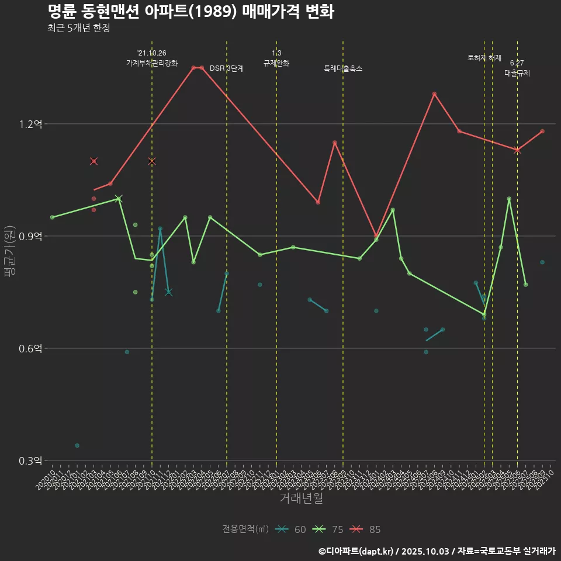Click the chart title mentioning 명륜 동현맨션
191,12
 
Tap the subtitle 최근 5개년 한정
78,28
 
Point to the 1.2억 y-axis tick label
30,124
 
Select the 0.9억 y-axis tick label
30,236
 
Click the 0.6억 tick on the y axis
30,348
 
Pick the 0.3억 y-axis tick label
30,460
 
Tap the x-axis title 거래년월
301,498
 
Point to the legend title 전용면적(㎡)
245,529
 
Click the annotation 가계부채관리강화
152,63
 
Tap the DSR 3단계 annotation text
227,68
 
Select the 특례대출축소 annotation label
343,68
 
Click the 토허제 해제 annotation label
484,58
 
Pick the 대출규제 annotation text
517,74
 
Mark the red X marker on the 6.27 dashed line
517,150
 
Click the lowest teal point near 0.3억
77,445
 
